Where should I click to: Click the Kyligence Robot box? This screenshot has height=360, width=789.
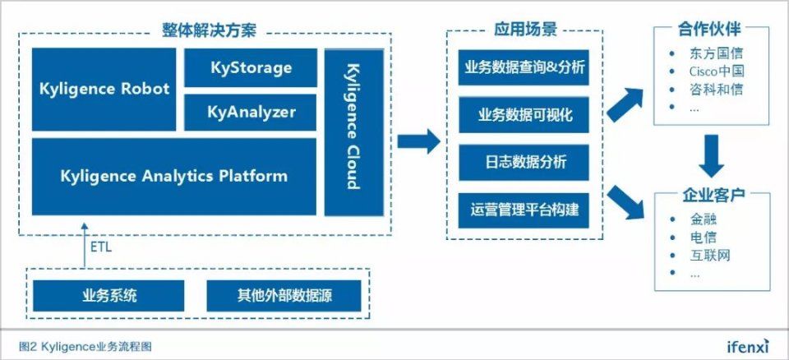coord(104,89)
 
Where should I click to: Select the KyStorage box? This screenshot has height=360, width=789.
coord(251,67)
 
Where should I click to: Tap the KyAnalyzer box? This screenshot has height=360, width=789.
coord(251,112)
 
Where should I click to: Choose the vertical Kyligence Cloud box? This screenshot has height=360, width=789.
coord(351,132)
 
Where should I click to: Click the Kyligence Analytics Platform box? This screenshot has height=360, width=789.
coord(173,176)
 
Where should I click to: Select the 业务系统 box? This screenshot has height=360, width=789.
coord(109,295)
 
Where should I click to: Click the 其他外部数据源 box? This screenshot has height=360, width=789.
coord(284,295)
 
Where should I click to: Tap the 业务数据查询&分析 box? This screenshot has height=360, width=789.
coord(524,67)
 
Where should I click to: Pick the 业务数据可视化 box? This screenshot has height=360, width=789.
coord(524,115)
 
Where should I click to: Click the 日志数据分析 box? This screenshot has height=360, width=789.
coord(524,162)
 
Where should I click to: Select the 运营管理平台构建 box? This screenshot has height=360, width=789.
coord(524,210)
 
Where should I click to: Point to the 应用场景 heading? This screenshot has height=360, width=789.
coord(524,30)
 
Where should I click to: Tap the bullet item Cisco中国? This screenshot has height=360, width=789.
coord(717,72)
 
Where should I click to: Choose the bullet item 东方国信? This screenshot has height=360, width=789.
coord(717,53)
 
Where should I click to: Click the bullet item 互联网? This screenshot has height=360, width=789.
coord(710,256)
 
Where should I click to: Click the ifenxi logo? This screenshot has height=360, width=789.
coord(748,346)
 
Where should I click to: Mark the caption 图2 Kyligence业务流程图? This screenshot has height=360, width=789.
coord(85,346)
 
